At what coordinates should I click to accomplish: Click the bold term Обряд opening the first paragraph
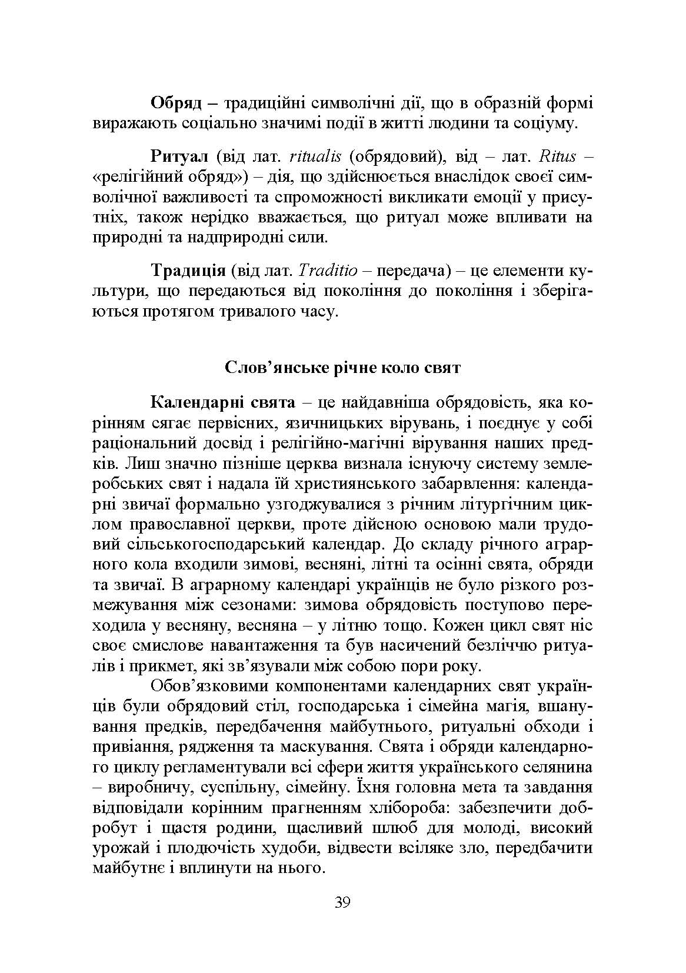click(176, 104)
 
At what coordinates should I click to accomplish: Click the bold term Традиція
click(188, 271)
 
